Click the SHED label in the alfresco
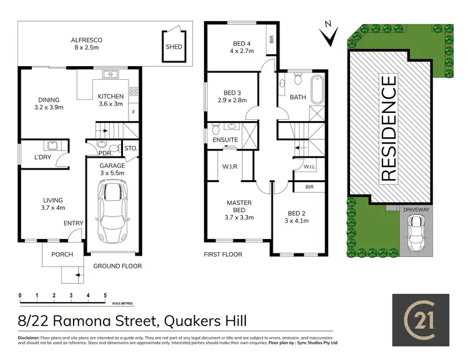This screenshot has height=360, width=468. tap(173, 46)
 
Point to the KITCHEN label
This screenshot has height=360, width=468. tap(111, 96)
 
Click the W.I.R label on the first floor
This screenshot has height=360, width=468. tap(228, 166)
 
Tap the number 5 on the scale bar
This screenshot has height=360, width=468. tap(105, 294)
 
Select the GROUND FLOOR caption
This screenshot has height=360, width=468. tap(117, 266)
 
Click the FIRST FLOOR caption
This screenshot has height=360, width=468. tap(223, 255)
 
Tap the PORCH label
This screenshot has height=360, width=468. tap(62, 255)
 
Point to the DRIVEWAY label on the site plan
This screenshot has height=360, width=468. tap(416, 210)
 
